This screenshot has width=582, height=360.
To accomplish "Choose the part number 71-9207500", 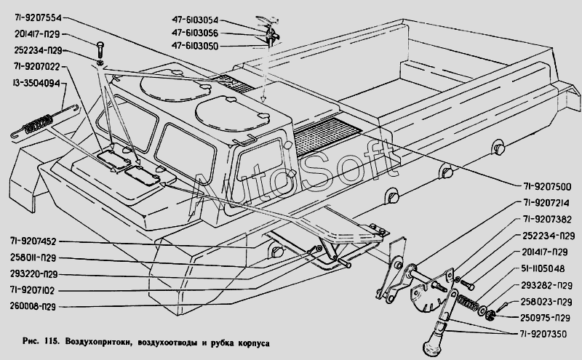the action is pos(546,185).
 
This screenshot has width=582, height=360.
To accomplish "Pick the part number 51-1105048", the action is pos(546,269).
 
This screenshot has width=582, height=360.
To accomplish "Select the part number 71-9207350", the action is pos(546,333).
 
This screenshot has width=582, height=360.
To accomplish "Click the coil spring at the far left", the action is pos(36,125).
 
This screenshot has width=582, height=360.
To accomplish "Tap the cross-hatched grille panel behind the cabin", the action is pos(327,135).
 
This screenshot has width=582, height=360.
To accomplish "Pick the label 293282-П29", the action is pos(545,285).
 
